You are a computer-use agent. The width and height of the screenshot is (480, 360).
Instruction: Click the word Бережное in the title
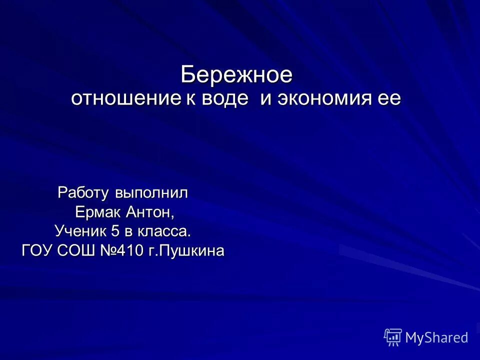click(x=236, y=75)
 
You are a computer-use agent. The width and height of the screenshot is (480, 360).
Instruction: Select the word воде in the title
click(x=225, y=98)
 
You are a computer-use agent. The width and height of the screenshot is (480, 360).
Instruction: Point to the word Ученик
click(x=77, y=231)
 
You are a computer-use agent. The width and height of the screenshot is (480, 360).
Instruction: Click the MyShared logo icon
click(x=393, y=337)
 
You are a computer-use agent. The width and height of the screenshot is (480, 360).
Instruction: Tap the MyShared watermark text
click(x=436, y=338)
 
